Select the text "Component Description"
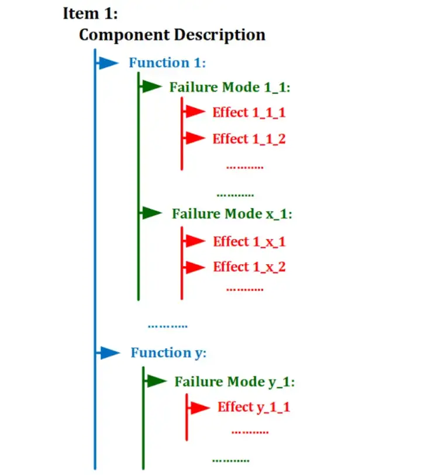click(x=172, y=34)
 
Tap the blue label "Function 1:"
click(x=167, y=63)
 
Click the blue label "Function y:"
click(x=168, y=353)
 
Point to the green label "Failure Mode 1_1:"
click(x=230, y=87)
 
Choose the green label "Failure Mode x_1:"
click(x=232, y=214)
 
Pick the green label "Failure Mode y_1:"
click(x=234, y=382)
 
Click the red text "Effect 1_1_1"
click(x=249, y=112)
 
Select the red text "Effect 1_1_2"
click(x=249, y=139)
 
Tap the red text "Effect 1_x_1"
click(x=249, y=241)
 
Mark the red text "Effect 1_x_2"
click(x=249, y=267)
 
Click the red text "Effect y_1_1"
click(x=254, y=407)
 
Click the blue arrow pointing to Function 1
click(x=108, y=63)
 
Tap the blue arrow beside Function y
click(x=109, y=353)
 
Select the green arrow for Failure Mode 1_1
click(x=151, y=87)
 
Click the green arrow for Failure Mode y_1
click(x=156, y=382)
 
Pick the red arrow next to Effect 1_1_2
click(x=195, y=138)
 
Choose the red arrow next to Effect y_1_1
click(x=199, y=407)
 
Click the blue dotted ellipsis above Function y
click(x=167, y=325)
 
